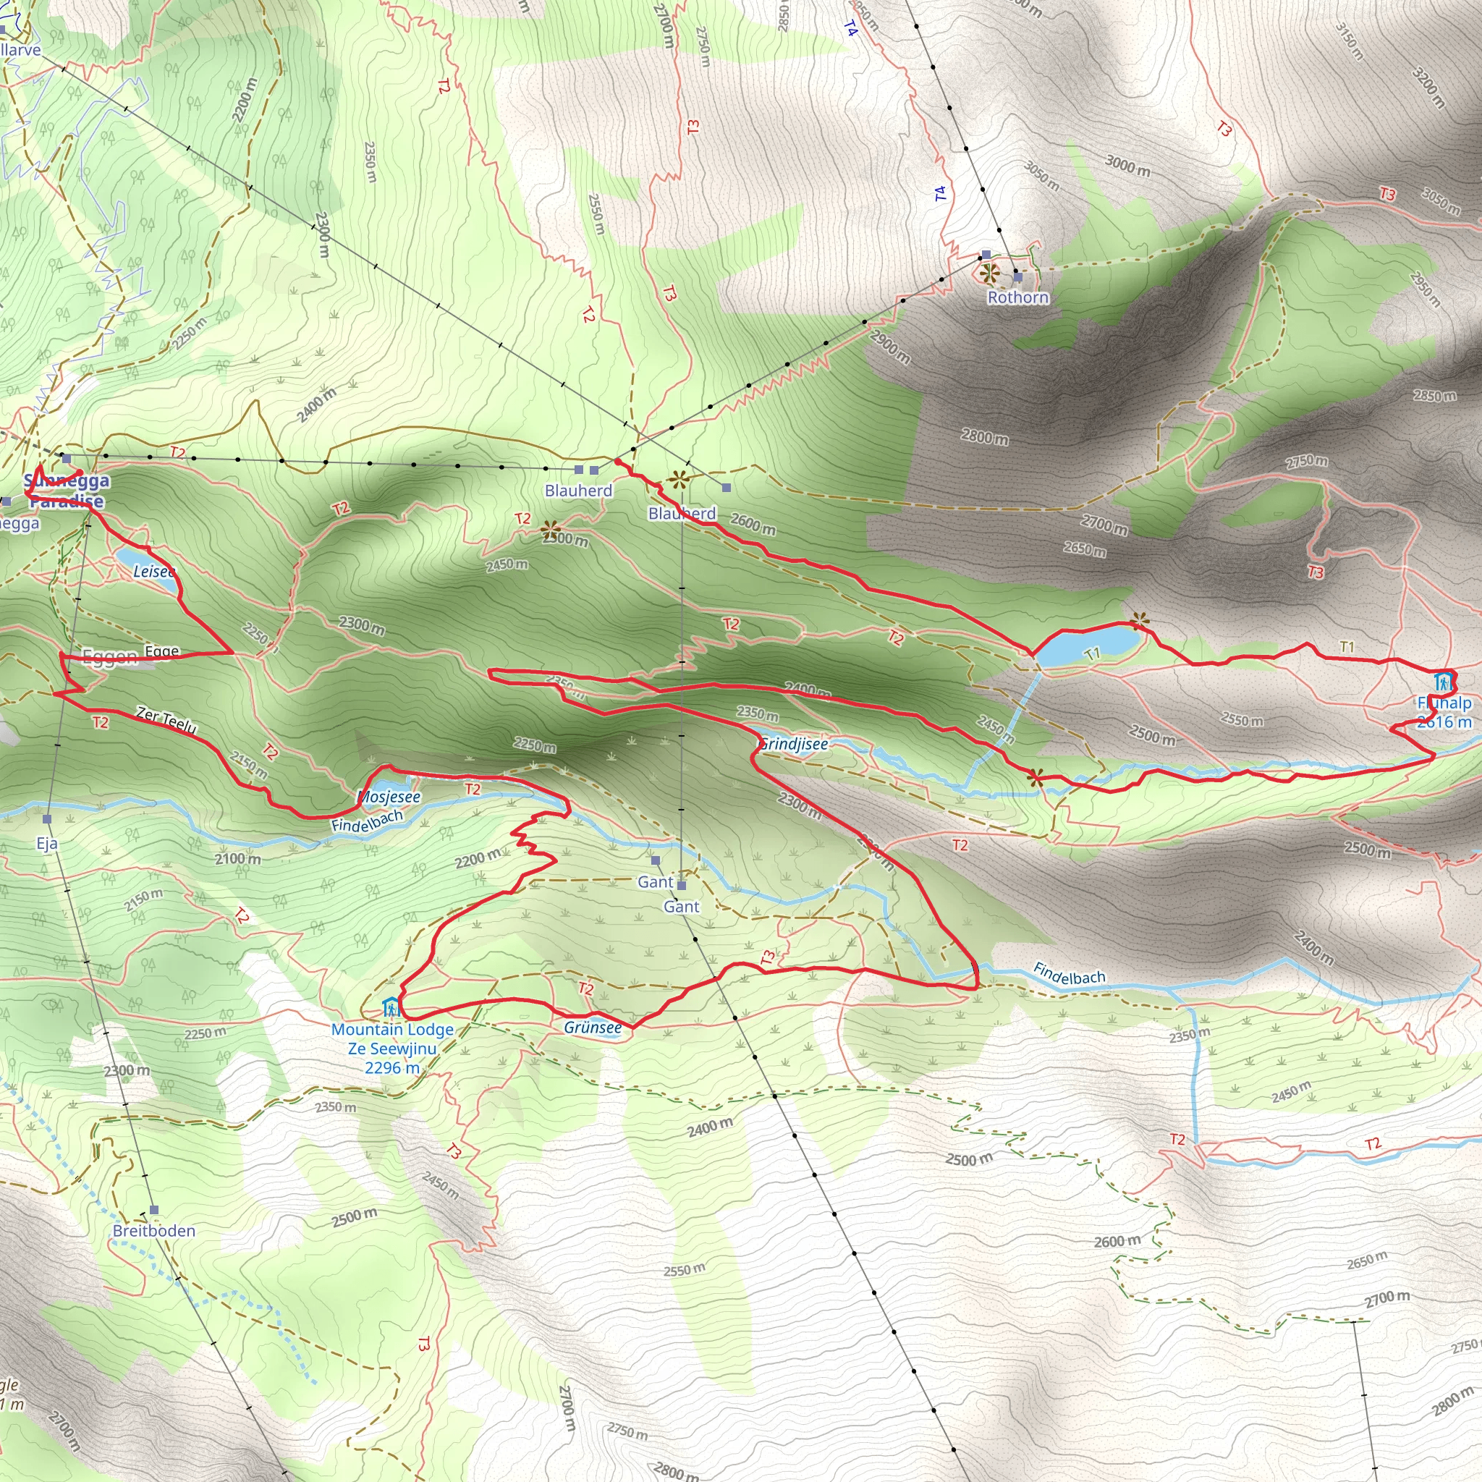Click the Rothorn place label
(x=1017, y=297)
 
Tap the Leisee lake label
(x=154, y=572)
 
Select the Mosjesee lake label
(x=389, y=797)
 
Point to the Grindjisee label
(x=794, y=744)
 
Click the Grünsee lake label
(x=593, y=1027)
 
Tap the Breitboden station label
(x=153, y=1230)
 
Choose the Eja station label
(x=48, y=844)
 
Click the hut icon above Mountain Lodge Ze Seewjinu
(x=391, y=1007)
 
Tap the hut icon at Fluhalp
(x=1444, y=681)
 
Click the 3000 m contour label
(x=1127, y=164)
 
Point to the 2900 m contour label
(x=890, y=347)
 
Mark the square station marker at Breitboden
(x=154, y=1210)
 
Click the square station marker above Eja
(x=48, y=819)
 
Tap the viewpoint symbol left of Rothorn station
(x=989, y=271)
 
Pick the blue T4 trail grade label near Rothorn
(x=941, y=193)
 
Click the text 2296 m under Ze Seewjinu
(x=392, y=1068)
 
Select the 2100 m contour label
(x=238, y=859)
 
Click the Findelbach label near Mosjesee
(x=368, y=821)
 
